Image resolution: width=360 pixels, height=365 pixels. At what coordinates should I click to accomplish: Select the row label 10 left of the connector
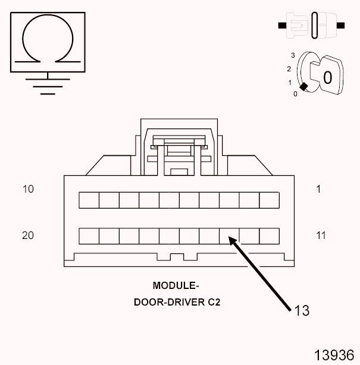coord(28,189)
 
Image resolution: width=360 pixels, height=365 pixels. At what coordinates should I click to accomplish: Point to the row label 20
coord(28,235)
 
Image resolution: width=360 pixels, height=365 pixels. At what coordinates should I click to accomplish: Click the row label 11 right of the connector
coord(321,235)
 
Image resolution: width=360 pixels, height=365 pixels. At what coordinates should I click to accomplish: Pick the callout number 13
coord(301,310)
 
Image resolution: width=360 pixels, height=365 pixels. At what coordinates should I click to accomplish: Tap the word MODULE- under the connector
coord(176,285)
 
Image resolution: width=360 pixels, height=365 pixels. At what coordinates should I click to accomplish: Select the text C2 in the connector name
coord(214,302)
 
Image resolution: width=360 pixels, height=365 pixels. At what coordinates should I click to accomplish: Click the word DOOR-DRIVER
coord(169,302)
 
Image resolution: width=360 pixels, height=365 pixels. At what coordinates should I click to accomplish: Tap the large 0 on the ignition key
coord(327,77)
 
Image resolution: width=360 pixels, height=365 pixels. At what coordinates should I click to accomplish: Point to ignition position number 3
coord(293,55)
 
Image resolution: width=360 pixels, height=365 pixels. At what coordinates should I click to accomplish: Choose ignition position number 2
coord(289,69)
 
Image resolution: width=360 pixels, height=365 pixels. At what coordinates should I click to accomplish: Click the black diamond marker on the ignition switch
coord(303,87)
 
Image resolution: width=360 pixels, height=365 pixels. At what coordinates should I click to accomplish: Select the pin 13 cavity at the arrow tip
coord(229,235)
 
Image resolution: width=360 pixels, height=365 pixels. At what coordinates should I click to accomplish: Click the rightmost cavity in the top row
coord(269,200)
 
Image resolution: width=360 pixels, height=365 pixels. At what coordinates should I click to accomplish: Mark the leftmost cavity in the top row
coord(89,200)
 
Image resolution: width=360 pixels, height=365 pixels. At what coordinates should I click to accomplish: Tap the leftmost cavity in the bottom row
coord(89,235)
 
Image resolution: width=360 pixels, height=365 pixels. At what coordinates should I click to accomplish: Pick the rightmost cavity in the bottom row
coord(269,235)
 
